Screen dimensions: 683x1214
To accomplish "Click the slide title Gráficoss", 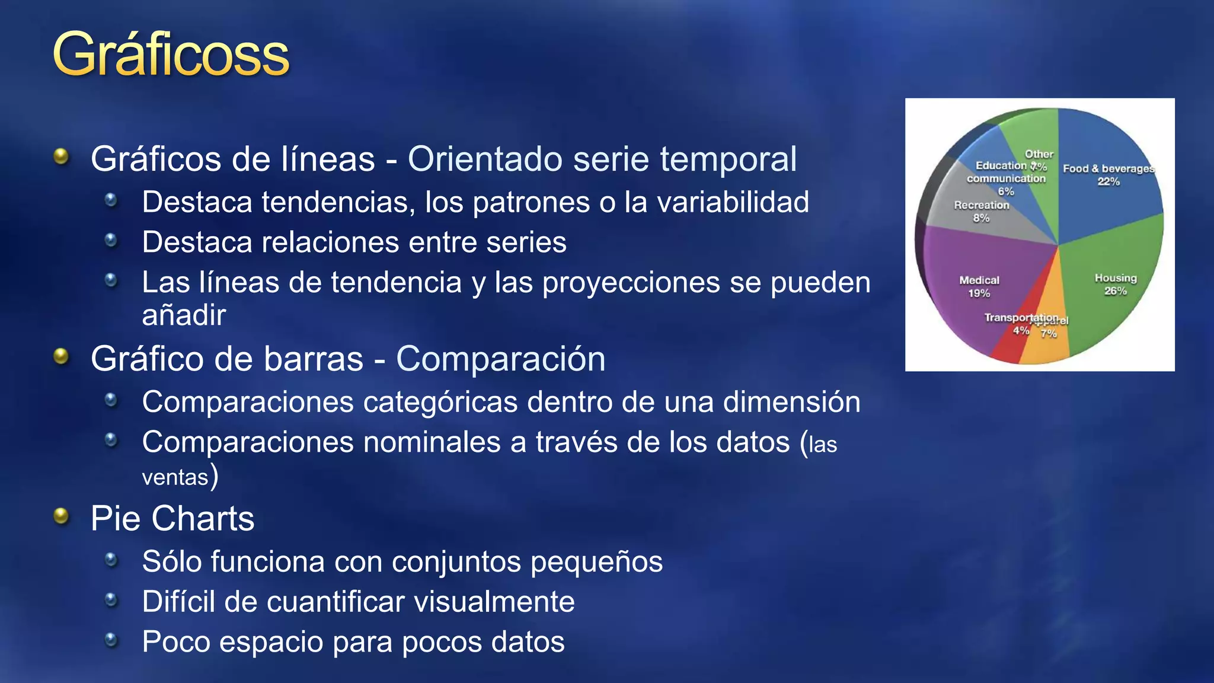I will [x=171, y=55].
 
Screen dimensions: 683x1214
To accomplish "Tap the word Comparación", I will [x=501, y=359].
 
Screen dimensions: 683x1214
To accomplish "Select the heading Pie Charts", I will [x=172, y=519].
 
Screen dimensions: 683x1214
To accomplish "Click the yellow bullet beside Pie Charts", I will [x=61, y=516].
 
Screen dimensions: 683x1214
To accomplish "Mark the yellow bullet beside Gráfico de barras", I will [x=61, y=356].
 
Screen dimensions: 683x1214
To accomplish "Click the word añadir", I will [x=184, y=315].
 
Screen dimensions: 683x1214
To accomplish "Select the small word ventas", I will [x=175, y=477].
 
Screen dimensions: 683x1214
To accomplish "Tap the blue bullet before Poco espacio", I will [x=111, y=639].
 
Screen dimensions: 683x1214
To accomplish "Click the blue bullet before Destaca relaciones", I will [x=111, y=240].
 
